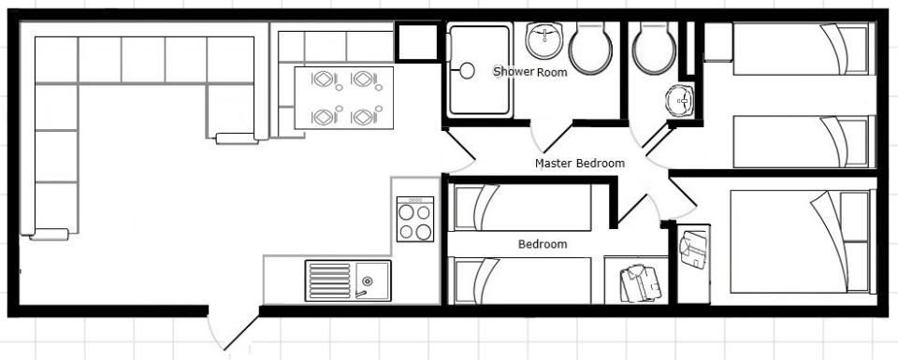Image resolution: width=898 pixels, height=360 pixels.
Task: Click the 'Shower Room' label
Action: (x=530, y=72)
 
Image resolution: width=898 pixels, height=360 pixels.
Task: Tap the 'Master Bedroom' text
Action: (x=580, y=163)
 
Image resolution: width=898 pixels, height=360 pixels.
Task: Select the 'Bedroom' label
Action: (x=543, y=244)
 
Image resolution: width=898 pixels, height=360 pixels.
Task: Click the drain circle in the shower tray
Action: (x=468, y=71)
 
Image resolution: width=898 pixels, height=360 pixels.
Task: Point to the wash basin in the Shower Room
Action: (x=544, y=40)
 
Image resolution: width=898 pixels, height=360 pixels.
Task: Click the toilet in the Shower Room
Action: (x=590, y=49)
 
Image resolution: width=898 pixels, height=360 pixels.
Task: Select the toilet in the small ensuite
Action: (x=654, y=49)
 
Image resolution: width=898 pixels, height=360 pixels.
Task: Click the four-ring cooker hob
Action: (x=415, y=219)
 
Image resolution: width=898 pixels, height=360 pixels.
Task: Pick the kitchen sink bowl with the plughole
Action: (x=372, y=281)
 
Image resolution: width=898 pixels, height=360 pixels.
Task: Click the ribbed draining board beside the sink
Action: (x=329, y=281)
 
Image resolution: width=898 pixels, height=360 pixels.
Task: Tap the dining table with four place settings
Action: (x=343, y=98)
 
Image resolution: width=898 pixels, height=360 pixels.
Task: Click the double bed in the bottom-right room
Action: (x=803, y=241)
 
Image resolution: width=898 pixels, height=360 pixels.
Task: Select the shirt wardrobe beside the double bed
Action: (x=693, y=264)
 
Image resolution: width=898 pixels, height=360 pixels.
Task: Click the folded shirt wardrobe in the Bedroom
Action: (x=636, y=280)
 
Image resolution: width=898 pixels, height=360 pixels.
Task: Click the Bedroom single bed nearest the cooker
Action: (x=522, y=208)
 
